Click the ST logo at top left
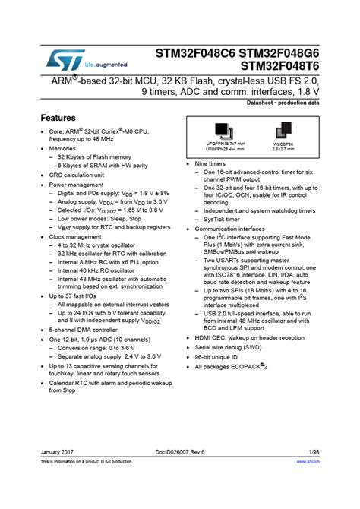click(x=59, y=58)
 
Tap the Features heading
click(x=58, y=119)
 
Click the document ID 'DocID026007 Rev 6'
click(x=181, y=473)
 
